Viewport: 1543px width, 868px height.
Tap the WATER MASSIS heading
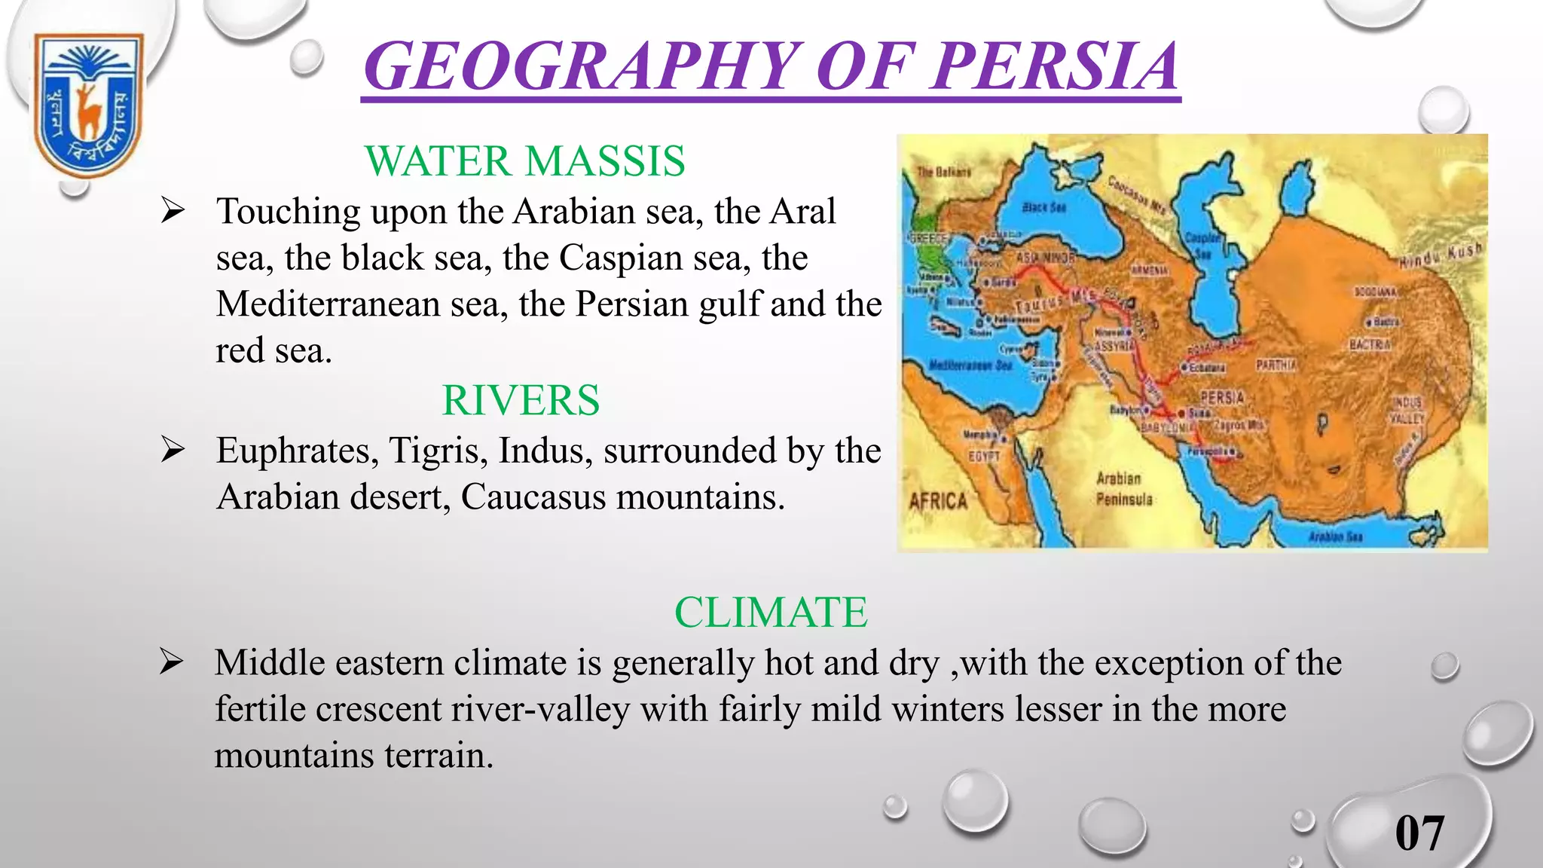pos(524,161)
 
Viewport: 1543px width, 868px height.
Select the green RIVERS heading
pos(521,400)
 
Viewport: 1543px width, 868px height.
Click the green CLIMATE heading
pos(770,612)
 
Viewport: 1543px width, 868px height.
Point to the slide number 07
pos(1419,833)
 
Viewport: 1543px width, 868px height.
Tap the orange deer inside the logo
pos(88,109)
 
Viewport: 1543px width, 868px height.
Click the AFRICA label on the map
pos(938,501)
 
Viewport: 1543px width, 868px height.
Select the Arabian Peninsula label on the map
pos(1123,489)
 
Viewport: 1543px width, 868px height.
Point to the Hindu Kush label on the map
pos(1441,255)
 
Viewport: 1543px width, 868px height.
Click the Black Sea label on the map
pos(1044,207)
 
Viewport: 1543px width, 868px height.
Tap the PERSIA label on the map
pos(1222,397)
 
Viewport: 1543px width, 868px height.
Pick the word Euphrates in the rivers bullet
pos(297,451)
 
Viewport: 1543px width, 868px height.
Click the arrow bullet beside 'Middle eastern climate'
pos(173,663)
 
